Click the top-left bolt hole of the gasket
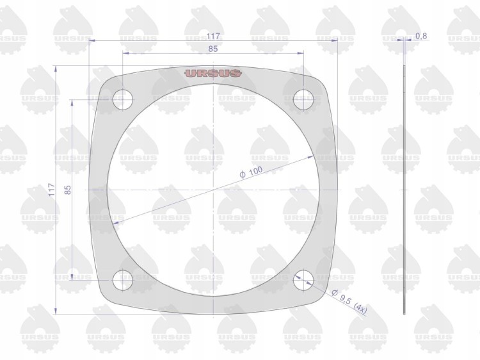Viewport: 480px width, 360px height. click(123, 99)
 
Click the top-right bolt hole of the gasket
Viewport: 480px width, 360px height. click(303, 99)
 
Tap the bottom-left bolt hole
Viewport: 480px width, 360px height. click(123, 280)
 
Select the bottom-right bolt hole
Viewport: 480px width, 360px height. click(303, 280)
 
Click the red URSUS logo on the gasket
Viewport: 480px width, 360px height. click(213, 73)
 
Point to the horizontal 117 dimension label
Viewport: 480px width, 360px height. click(213, 36)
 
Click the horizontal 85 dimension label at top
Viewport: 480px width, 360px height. click(213, 49)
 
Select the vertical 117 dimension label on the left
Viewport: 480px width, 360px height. click(51, 190)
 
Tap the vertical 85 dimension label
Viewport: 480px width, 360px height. click(68, 190)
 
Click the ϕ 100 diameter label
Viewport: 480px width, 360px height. click(251, 172)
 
